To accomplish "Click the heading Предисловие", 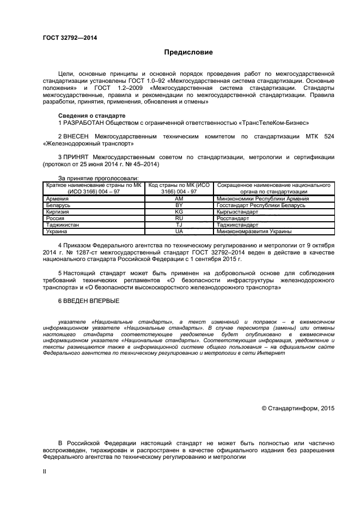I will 188,52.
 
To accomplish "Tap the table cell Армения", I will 58,199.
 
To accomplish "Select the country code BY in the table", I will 179,205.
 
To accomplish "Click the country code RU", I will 179,218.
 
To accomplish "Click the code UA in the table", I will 179,232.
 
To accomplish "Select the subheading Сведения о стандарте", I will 91,116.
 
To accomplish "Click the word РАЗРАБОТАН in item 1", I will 84,123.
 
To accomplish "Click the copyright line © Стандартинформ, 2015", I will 298,408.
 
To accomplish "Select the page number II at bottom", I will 45,471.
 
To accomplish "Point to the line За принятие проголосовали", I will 98,178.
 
